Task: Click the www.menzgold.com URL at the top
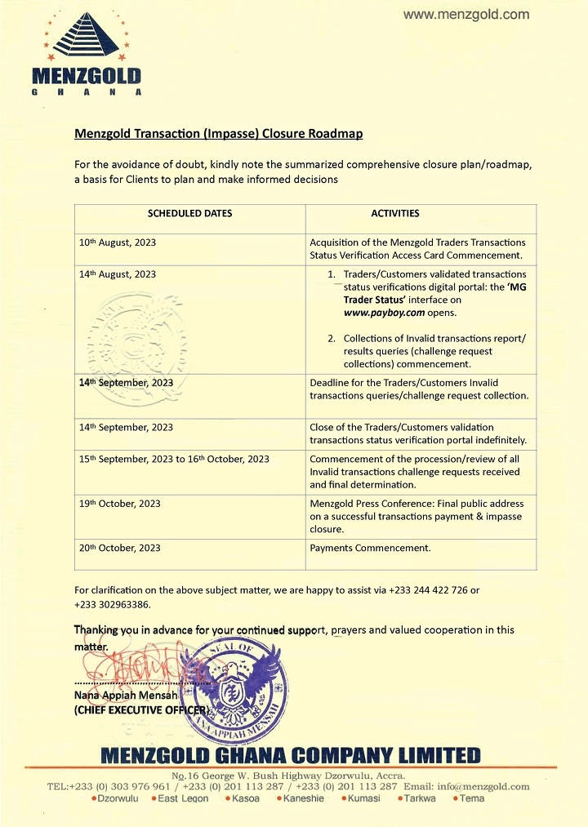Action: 466,14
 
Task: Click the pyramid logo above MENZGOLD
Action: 86,38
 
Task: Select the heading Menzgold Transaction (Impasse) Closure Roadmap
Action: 218,133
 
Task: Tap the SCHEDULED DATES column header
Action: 189,213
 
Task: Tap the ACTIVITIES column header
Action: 395,213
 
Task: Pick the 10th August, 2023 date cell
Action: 118,242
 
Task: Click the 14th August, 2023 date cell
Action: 118,274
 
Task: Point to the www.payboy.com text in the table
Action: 378,313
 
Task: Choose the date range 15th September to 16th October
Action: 174,459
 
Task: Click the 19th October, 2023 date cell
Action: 120,504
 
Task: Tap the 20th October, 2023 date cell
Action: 120,548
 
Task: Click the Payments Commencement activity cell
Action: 370,548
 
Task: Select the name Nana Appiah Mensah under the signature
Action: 120,695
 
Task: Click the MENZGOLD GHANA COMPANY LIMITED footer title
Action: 290,755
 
